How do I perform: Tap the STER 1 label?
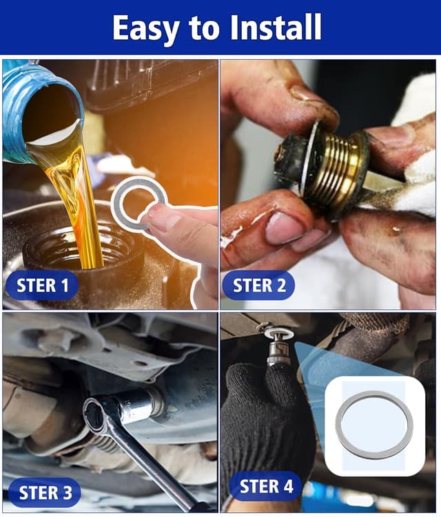(43, 285)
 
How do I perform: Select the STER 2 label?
(259, 285)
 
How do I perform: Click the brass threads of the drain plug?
(338, 169)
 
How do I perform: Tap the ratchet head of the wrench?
(100, 417)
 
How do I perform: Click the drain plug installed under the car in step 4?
(278, 348)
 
